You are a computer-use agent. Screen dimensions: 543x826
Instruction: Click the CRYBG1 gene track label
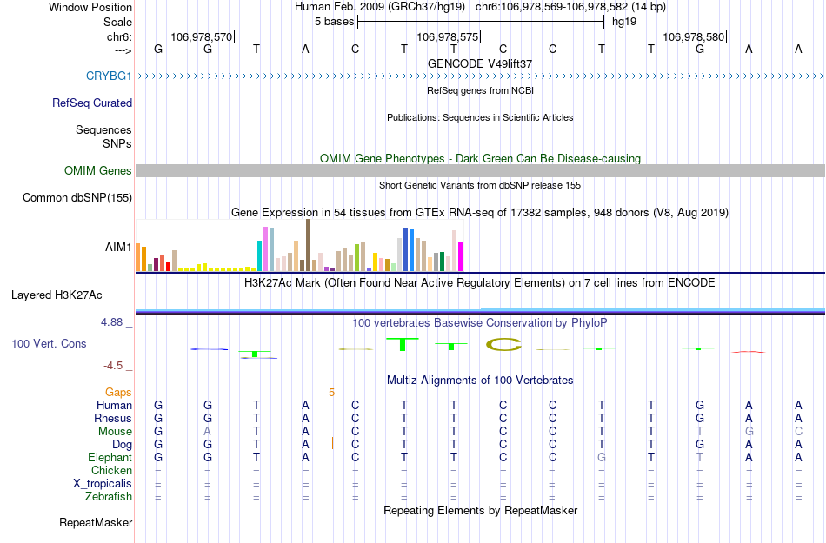[x=109, y=76]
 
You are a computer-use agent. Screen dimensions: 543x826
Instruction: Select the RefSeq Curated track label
[x=92, y=103]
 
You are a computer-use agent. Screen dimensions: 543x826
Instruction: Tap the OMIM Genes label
[x=98, y=171]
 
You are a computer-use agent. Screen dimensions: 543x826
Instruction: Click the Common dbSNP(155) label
[x=77, y=198]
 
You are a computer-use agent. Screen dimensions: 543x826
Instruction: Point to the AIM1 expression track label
[x=118, y=247]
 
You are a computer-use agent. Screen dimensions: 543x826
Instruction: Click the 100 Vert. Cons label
[x=49, y=344]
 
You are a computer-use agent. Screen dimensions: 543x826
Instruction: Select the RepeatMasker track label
[x=96, y=523]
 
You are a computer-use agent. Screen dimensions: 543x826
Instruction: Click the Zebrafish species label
[x=109, y=497]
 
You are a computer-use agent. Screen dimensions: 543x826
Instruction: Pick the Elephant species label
[x=110, y=458]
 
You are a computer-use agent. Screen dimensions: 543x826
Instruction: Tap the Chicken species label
[x=111, y=471]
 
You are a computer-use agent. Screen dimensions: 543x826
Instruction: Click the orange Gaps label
[x=118, y=393]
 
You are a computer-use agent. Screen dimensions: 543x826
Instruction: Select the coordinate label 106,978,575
[x=447, y=36]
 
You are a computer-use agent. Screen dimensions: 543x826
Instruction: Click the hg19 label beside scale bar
[x=623, y=21]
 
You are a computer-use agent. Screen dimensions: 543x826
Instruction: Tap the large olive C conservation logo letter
[x=503, y=345]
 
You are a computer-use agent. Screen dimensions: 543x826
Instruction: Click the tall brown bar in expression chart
[x=308, y=245]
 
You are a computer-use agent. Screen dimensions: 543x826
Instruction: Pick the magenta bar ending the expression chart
[x=461, y=255]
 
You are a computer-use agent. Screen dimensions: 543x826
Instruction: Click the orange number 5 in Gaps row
[x=331, y=393]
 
